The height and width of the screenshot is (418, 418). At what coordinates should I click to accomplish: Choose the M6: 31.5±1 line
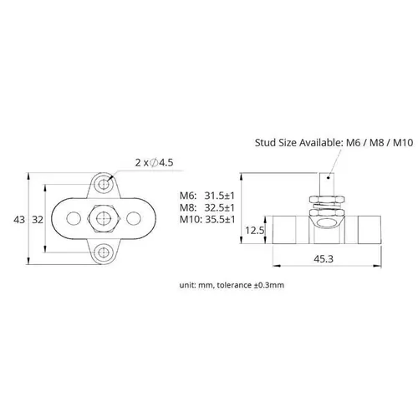tap(206, 196)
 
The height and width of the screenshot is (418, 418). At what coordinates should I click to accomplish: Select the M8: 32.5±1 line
tap(206, 208)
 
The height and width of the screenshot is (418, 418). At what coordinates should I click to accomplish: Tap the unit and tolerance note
tap(232, 284)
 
